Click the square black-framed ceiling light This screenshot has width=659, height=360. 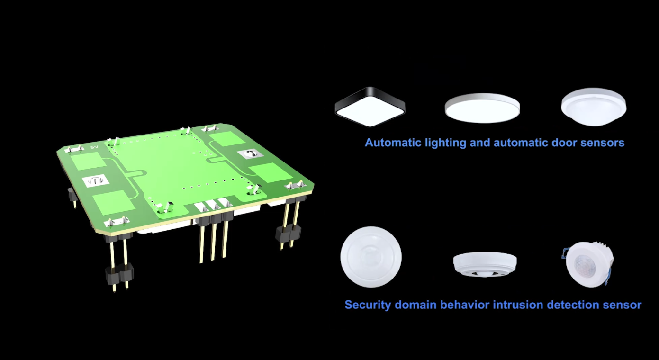370,107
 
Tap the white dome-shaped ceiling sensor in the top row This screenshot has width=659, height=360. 594,107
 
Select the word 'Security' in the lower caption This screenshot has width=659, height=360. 366,305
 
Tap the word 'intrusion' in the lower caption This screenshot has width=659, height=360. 518,305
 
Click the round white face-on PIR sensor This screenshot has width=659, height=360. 371,257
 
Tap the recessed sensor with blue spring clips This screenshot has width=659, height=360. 588,264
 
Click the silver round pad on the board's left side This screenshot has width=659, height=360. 96,180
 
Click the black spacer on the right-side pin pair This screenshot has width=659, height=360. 288,233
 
